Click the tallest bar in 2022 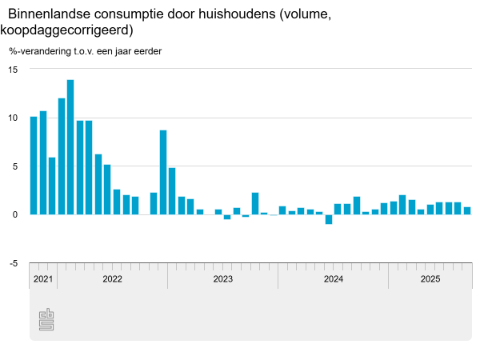click(70, 147)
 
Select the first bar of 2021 click(34, 166)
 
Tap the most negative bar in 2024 click(329, 219)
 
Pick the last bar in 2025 click(467, 210)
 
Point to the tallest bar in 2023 click(255, 203)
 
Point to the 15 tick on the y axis click(12, 70)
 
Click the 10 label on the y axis click(12, 118)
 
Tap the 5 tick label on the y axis click(14, 166)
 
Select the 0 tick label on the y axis click(14, 214)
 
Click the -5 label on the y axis click(13, 262)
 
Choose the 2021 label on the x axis click(43, 279)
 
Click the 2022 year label click(112, 279)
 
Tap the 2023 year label click(222, 279)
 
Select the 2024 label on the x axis click(333, 279)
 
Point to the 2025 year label click(430, 279)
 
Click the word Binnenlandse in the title click(51, 14)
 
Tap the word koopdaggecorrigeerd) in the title click(66, 31)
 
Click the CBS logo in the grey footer click(46, 320)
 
